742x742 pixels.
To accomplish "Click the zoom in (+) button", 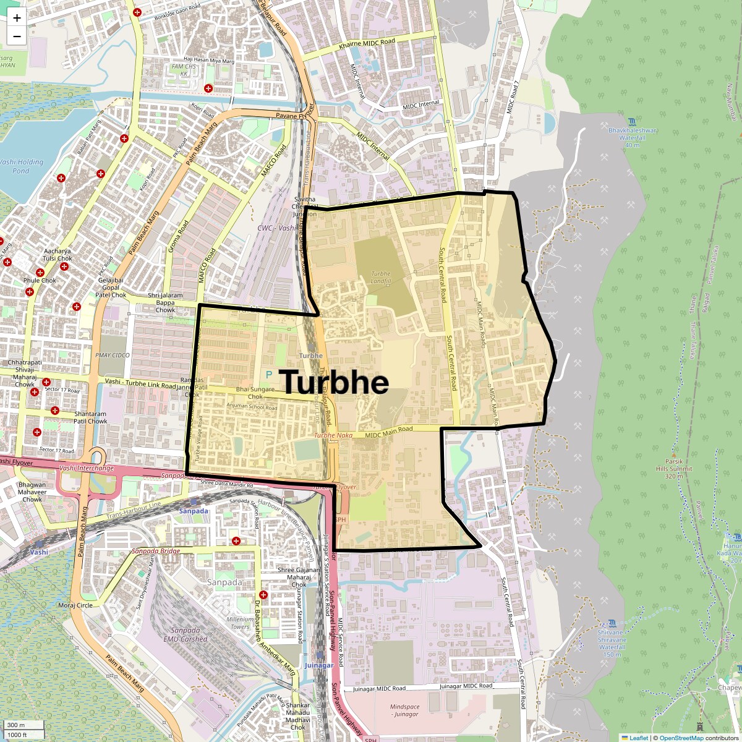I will [x=17, y=18].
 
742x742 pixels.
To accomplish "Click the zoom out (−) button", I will [x=17, y=36].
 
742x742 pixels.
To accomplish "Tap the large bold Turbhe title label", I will [x=335, y=382].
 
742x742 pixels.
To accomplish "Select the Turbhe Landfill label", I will [x=381, y=278].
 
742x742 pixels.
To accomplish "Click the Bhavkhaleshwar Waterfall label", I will [x=632, y=134].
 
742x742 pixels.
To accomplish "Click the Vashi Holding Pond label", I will [x=21, y=166].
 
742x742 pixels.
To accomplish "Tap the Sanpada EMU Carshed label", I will [x=185, y=635].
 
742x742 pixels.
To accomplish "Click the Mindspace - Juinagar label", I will [x=404, y=710].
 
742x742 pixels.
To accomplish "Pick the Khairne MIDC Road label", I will [x=367, y=44].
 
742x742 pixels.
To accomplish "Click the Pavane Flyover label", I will [x=295, y=113].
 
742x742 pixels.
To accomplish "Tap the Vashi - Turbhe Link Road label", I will [x=140, y=382].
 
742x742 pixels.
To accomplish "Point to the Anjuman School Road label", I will [x=252, y=407].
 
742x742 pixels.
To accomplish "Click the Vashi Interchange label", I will [x=87, y=468].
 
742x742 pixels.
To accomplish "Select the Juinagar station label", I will [x=319, y=665].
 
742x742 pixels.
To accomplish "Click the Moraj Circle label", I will [x=75, y=605].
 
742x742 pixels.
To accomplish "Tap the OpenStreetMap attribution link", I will [x=681, y=738].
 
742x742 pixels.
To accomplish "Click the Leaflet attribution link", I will [x=639, y=738].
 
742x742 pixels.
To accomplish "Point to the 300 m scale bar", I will [x=23, y=725].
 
